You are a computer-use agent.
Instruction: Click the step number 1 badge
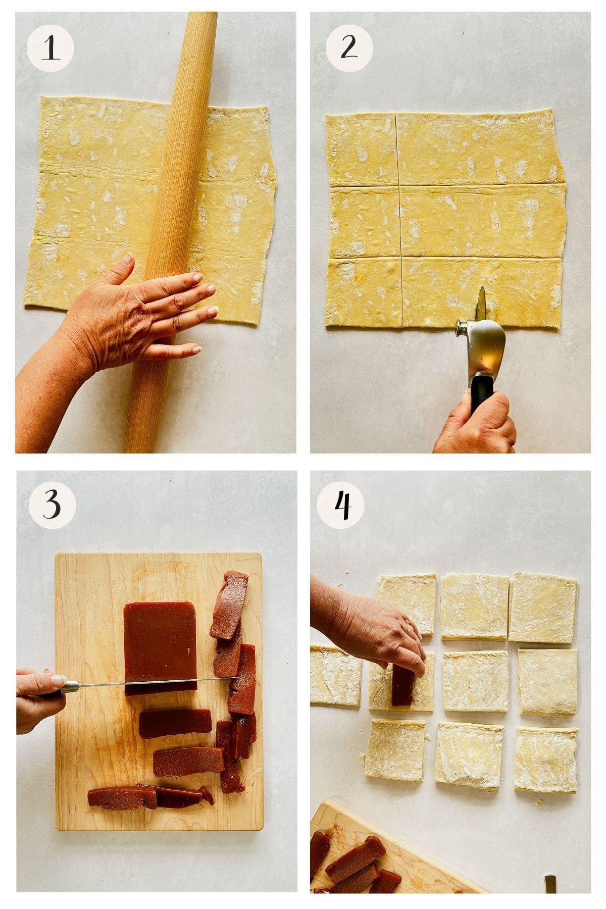point(50,49)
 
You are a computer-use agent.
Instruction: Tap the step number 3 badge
point(52,505)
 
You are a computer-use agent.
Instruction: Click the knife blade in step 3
point(151,681)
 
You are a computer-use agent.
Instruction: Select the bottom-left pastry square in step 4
point(395,749)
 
